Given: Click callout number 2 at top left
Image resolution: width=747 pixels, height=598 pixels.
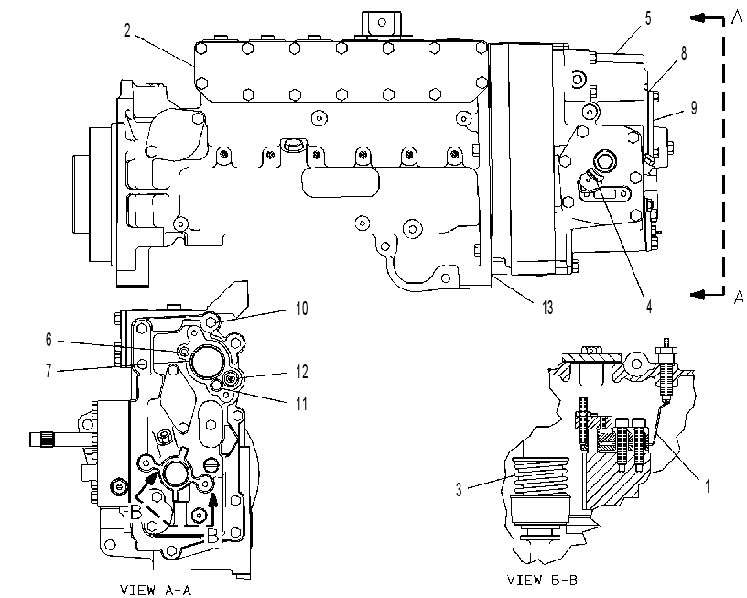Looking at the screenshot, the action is pyautogui.click(x=127, y=30).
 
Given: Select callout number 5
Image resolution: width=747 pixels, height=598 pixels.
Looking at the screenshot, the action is pyautogui.click(x=648, y=18).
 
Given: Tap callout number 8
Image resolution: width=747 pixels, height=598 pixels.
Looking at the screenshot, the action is pyautogui.click(x=684, y=53).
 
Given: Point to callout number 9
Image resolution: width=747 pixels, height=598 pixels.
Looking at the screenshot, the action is pyautogui.click(x=694, y=108).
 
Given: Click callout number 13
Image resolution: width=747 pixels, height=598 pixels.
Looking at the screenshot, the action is pyautogui.click(x=547, y=308).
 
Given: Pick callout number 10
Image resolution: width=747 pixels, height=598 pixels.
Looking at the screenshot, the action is pyautogui.click(x=301, y=309).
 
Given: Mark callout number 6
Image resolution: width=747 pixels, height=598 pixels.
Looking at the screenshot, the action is pyautogui.click(x=49, y=340).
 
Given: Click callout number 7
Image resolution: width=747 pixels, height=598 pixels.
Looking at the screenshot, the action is pyautogui.click(x=49, y=371).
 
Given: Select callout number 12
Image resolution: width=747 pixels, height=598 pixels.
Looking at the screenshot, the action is pyautogui.click(x=301, y=372).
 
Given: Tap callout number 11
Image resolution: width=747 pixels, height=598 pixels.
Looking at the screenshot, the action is pyautogui.click(x=301, y=404).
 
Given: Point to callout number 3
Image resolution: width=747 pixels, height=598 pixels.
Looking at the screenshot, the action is pyautogui.click(x=459, y=489).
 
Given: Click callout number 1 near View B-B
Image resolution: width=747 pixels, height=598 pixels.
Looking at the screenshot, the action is pyautogui.click(x=708, y=486).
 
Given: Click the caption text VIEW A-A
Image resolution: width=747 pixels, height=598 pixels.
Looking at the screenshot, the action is pyautogui.click(x=156, y=591).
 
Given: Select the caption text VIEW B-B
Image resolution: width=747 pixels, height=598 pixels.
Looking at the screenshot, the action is pyautogui.click(x=542, y=580).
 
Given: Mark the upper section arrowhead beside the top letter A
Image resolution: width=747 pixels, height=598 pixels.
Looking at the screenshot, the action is pyautogui.click(x=697, y=18).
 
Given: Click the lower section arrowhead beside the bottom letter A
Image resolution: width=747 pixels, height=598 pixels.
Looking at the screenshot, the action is pyautogui.click(x=697, y=295).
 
